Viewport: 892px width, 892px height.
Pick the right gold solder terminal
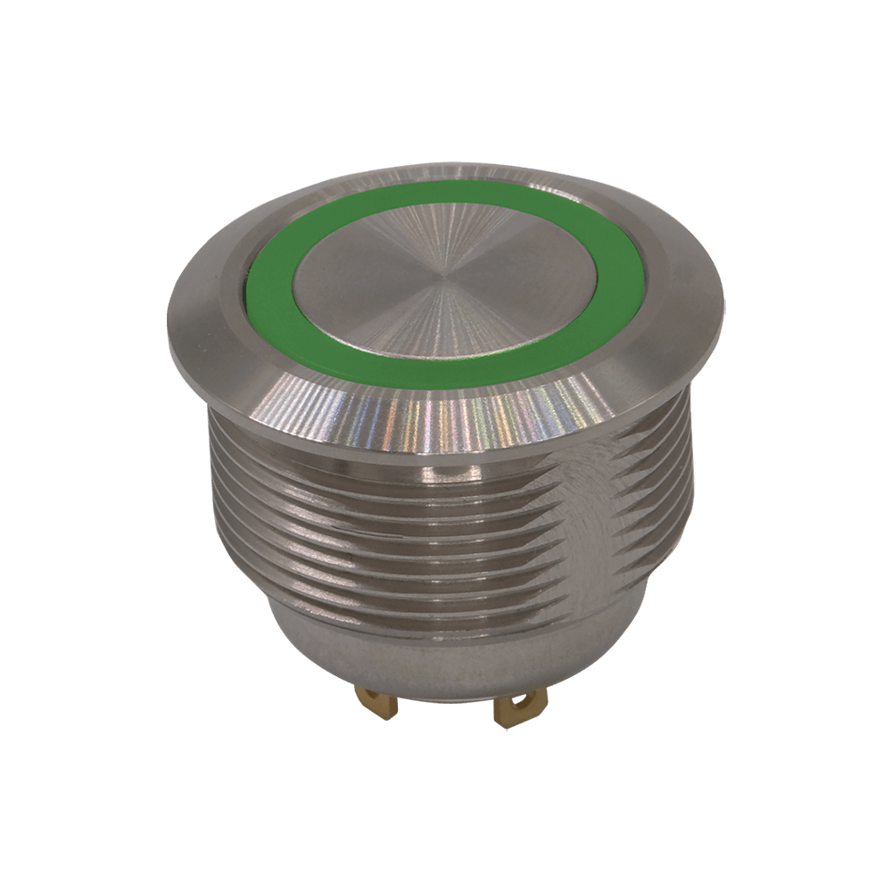515,711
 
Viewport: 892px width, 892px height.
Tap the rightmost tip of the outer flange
723,308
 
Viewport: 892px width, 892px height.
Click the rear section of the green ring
446,190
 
